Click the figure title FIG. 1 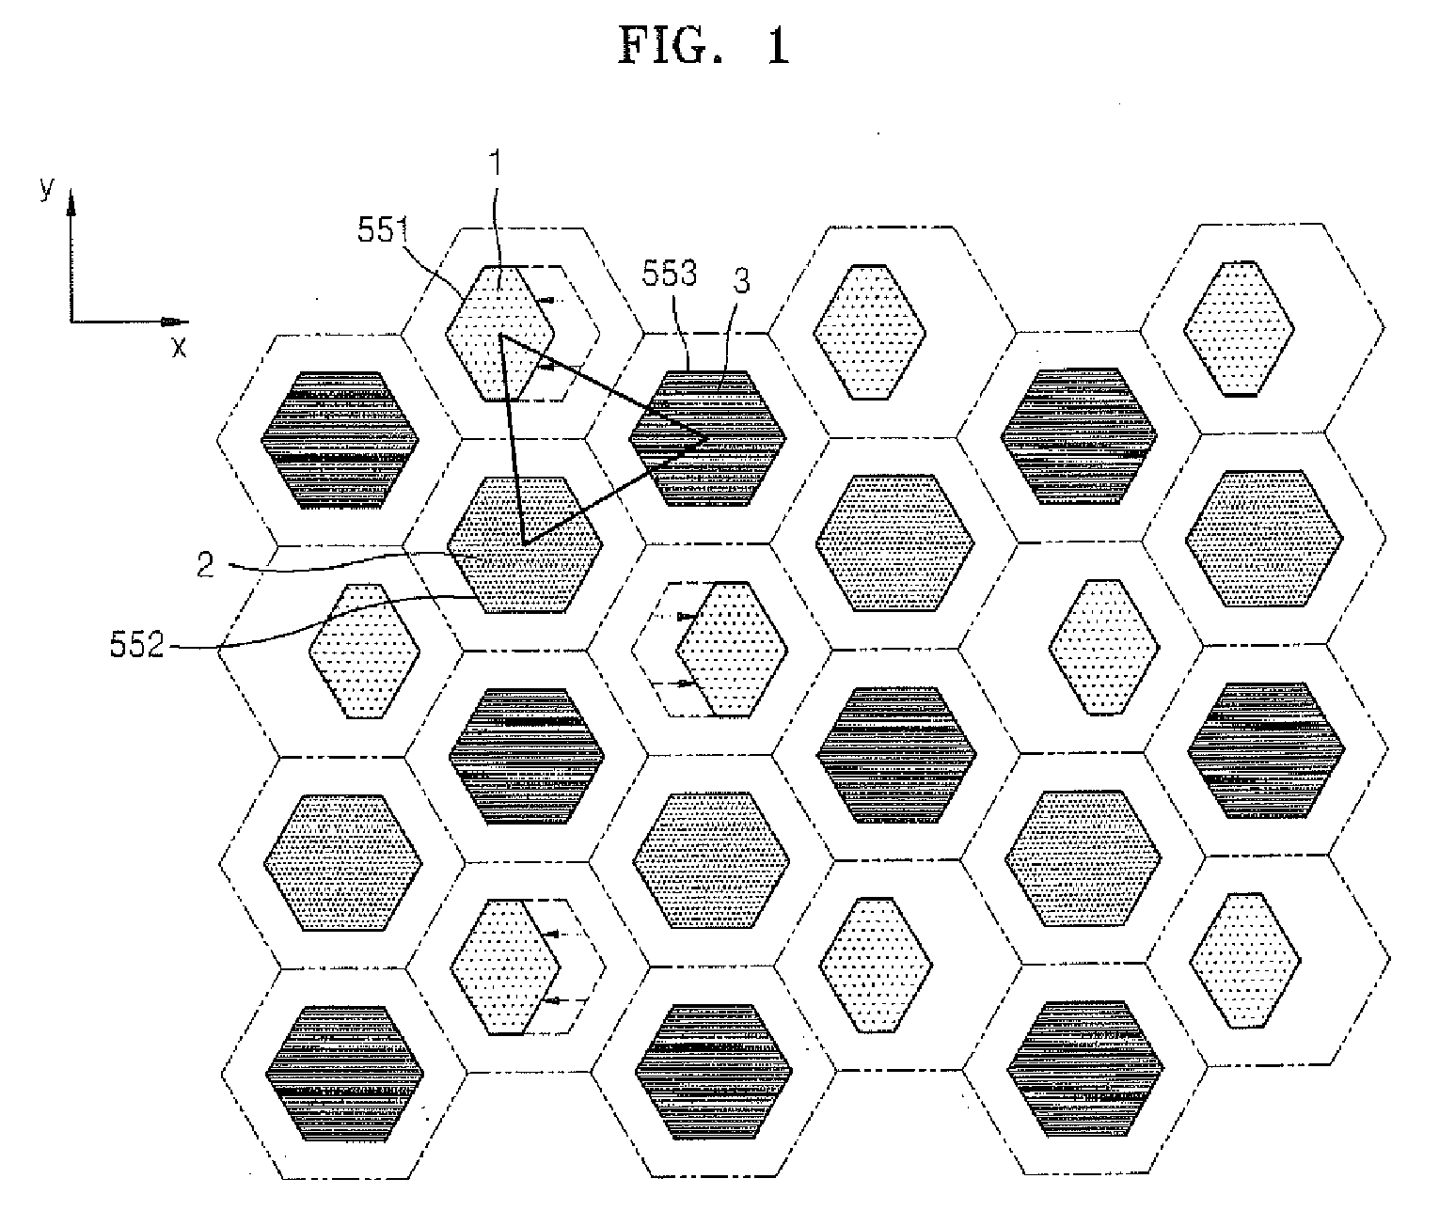(x=704, y=45)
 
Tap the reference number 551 (x=381, y=230)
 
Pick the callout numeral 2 (x=206, y=564)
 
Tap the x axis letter (x=179, y=347)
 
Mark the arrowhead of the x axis (x=174, y=322)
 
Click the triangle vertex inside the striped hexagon (x=707, y=435)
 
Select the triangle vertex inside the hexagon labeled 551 (x=500, y=336)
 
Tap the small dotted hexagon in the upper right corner (x=1237, y=327)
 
